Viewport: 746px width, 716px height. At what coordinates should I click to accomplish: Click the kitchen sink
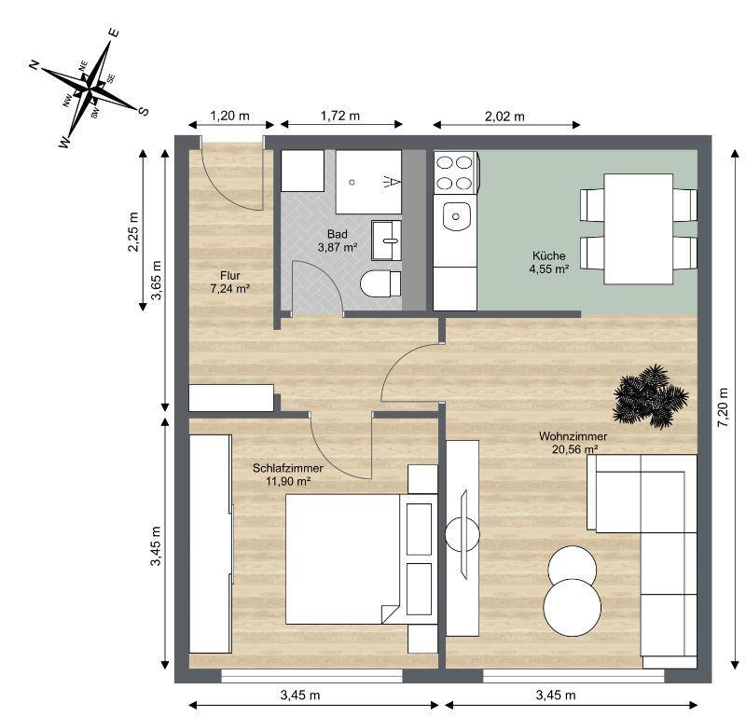tap(456, 216)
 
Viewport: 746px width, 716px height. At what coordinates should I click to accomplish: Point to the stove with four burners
tap(455, 172)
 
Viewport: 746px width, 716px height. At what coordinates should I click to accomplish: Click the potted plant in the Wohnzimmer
tap(651, 396)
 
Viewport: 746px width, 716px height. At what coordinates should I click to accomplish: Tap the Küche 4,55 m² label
tap(550, 262)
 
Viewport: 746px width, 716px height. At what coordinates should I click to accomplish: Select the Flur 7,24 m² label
tap(230, 282)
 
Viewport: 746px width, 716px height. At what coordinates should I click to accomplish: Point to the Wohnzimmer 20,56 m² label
tap(573, 442)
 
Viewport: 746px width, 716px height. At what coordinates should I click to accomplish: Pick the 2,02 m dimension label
tap(505, 117)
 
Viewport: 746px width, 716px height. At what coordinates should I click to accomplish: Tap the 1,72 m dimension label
tap(340, 117)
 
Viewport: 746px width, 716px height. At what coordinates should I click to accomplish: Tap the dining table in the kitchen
tap(639, 228)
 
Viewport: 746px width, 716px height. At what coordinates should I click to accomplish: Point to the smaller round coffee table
tap(572, 565)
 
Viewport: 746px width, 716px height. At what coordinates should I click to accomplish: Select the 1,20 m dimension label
tap(229, 117)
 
